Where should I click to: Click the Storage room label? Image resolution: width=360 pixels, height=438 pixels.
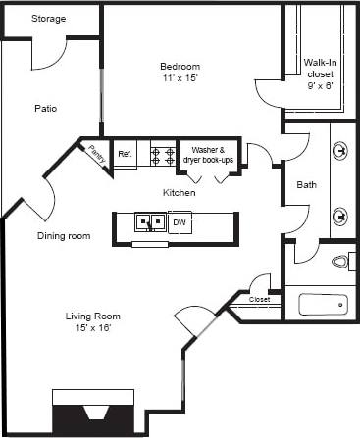point(48,19)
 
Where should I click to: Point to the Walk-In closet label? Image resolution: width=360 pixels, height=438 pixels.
point(319,73)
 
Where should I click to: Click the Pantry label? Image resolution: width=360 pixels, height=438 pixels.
point(96,156)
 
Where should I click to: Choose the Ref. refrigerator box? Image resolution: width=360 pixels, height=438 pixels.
point(125,154)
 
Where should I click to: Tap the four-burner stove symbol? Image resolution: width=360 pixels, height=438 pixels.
point(162,154)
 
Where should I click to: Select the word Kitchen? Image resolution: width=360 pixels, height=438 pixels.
point(179,192)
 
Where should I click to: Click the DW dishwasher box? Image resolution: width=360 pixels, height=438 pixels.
point(180,222)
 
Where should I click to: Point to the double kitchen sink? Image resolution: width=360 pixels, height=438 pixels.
point(151,222)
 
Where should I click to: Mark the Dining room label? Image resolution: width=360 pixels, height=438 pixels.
point(64,235)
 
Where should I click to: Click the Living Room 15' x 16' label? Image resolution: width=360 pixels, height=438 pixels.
point(92,321)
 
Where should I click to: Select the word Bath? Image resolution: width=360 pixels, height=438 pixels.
point(305,184)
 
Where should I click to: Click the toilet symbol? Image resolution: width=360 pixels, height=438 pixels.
point(340,262)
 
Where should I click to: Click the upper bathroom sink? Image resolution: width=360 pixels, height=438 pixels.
point(341,152)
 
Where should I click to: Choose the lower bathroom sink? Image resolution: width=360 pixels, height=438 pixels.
point(341,214)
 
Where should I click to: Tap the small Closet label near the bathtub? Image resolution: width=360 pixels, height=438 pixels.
point(259,300)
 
